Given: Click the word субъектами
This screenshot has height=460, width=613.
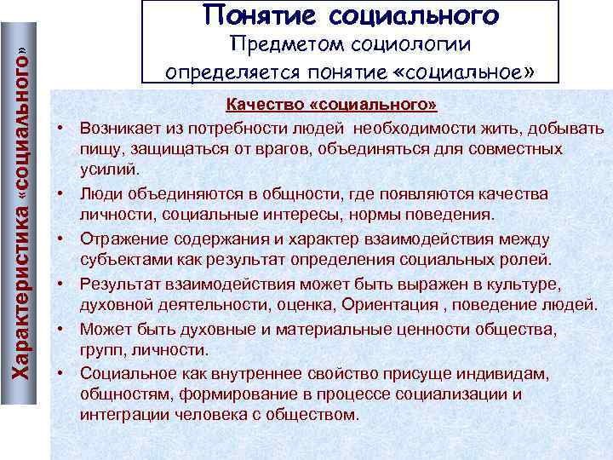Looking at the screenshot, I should pyautogui.click(x=120, y=259).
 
